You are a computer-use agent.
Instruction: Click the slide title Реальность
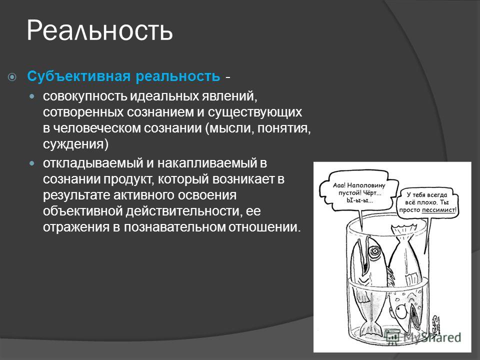[100, 31]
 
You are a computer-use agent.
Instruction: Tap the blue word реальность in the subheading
[178, 76]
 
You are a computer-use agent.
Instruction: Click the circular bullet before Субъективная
[12, 77]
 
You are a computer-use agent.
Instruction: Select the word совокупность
[85, 96]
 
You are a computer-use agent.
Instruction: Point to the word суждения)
[75, 144]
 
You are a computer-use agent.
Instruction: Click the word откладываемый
[93, 163]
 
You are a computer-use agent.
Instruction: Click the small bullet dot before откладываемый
[32, 163]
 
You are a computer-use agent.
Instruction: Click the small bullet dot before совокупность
[32, 96]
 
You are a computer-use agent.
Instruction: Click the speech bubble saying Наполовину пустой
[359, 192]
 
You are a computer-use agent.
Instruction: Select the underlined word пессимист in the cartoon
[438, 210]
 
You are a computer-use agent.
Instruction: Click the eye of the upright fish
[374, 251]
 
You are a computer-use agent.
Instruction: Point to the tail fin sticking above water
[403, 229]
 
